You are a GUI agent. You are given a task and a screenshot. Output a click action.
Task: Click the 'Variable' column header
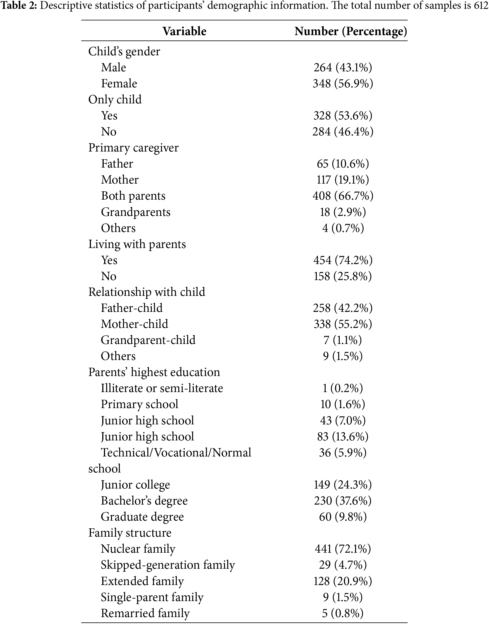[x=184, y=31]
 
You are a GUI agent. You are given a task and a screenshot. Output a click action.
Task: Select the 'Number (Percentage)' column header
[x=351, y=31]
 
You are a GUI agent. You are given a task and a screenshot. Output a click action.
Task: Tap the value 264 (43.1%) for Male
[x=343, y=67]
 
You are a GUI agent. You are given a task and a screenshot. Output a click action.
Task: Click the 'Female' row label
[x=119, y=83]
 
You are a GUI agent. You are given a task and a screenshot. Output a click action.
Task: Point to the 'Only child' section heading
[x=115, y=100]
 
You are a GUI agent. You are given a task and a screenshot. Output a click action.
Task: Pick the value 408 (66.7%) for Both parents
[x=343, y=196]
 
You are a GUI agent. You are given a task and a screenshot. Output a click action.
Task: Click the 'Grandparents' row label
[x=136, y=212]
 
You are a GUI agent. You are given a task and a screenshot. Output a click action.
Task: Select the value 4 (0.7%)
[x=343, y=228]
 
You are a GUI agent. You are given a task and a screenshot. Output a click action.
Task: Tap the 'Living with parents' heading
[x=137, y=244]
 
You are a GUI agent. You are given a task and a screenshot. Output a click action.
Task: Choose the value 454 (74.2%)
[x=343, y=260]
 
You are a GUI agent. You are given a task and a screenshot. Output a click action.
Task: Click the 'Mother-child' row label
[x=135, y=324]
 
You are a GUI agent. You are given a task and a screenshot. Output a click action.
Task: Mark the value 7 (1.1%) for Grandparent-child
[x=343, y=340]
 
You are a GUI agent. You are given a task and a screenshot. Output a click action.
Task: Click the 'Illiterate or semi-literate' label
[x=162, y=388]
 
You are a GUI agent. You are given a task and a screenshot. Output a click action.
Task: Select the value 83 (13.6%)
[x=343, y=437]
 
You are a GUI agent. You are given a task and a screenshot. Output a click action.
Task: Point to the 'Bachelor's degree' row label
[x=144, y=501]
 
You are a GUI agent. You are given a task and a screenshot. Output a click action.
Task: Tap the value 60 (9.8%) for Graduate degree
[x=343, y=517]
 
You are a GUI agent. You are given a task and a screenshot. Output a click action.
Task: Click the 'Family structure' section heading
[x=130, y=533]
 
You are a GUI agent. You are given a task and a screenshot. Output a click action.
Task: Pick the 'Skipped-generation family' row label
[x=168, y=565]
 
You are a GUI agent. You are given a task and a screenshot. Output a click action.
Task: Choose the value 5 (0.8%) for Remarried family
[x=343, y=613]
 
